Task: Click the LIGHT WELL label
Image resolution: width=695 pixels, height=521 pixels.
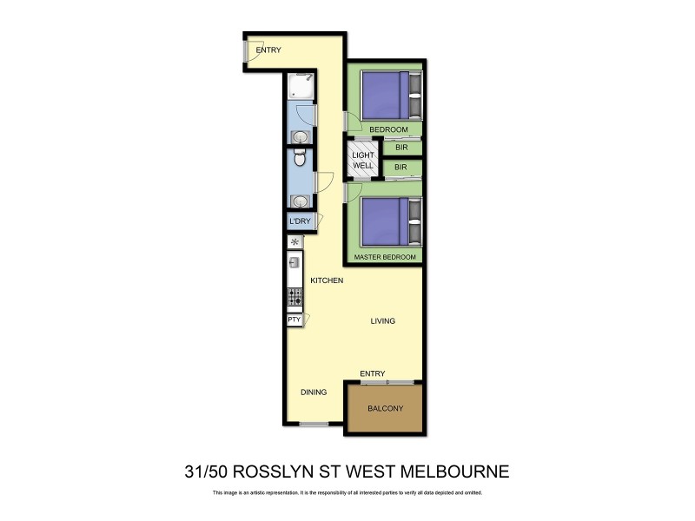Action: tap(363, 160)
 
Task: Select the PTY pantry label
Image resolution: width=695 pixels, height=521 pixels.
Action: tap(294, 320)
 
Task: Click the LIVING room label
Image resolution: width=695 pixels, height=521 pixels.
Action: tap(382, 321)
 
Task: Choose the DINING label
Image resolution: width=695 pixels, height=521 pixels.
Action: tap(314, 392)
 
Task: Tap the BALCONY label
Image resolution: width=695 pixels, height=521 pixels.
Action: tap(385, 408)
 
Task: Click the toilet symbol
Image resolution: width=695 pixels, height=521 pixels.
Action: tap(299, 159)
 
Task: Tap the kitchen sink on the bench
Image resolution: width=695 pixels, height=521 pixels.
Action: tap(295, 261)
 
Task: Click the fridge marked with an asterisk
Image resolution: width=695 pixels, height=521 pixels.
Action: tap(295, 242)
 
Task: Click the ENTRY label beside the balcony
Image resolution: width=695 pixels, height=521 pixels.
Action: tap(372, 373)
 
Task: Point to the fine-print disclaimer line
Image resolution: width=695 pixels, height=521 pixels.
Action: tap(347, 493)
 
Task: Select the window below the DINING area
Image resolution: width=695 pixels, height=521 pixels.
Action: tap(314, 424)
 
